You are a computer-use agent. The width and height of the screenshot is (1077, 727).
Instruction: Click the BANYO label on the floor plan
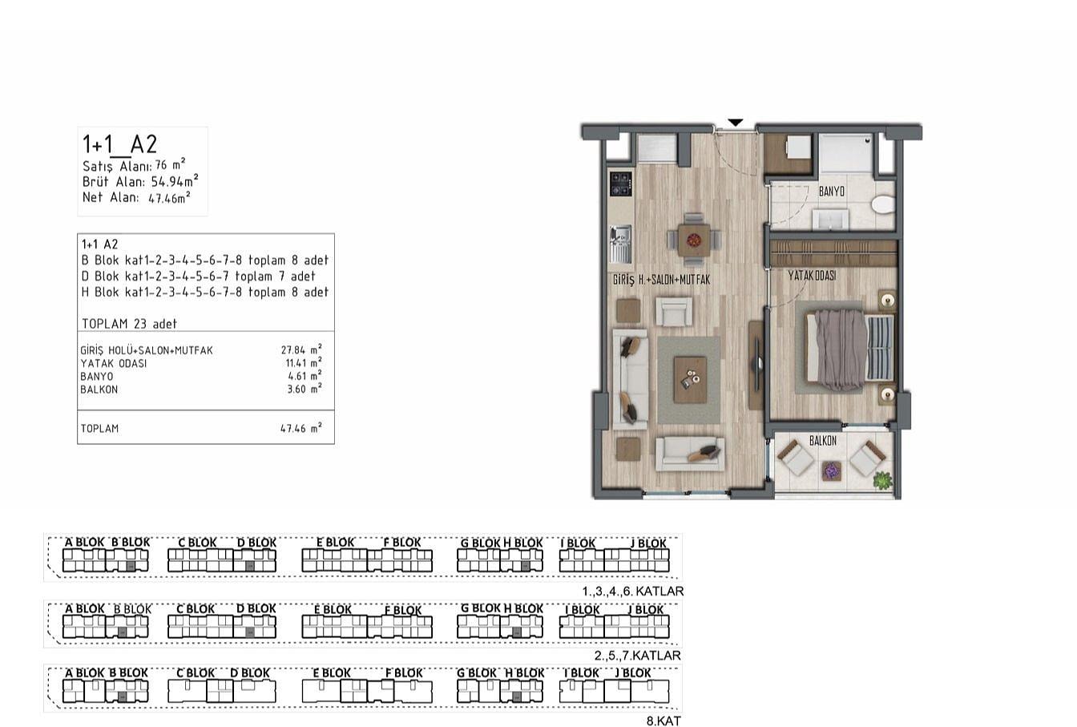tap(831, 192)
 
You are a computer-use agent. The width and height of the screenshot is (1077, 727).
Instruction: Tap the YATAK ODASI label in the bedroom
tap(812, 276)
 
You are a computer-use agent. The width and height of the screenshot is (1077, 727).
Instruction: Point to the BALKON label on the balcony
tap(823, 440)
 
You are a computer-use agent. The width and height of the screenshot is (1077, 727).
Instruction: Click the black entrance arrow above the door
tap(735, 123)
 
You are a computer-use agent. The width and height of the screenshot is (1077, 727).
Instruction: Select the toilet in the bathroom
tap(883, 204)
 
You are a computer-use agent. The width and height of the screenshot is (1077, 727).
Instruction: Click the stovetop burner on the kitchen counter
tap(620, 184)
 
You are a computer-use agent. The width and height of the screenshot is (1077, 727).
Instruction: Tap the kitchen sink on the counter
tap(620, 244)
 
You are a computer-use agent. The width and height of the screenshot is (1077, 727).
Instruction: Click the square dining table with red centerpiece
tap(693, 240)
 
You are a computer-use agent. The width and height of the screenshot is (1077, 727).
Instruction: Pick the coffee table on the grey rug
tap(690, 380)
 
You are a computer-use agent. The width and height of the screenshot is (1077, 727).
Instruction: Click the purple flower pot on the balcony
tap(830, 471)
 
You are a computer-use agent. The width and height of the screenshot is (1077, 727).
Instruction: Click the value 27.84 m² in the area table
tap(301, 349)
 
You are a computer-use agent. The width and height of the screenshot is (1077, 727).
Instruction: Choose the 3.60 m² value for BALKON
tap(305, 389)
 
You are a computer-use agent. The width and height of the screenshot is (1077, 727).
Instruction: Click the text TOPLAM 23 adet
tap(129, 324)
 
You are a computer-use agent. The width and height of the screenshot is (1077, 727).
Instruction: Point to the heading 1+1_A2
tap(119, 144)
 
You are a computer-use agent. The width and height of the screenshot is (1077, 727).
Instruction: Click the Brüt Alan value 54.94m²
tap(175, 181)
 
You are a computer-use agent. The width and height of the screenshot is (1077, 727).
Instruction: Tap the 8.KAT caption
tap(664, 721)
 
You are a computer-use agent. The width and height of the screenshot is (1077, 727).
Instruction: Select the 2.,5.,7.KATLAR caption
tap(638, 656)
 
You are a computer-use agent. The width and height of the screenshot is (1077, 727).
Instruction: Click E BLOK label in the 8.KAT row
tap(332, 673)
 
